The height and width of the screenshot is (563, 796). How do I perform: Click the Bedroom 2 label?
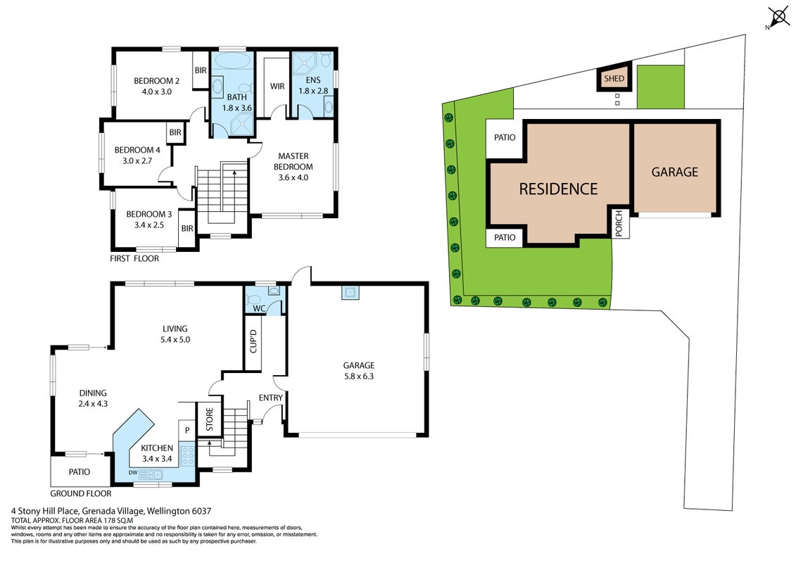[x=156, y=81]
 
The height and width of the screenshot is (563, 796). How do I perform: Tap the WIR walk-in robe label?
[x=277, y=87]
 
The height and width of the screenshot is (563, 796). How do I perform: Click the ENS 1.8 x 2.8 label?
[x=313, y=85]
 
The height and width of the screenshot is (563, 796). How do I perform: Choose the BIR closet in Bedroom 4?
[x=175, y=132]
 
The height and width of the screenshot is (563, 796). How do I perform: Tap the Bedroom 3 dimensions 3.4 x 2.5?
[x=149, y=225]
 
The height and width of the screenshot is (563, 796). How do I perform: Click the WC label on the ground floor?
[x=259, y=308]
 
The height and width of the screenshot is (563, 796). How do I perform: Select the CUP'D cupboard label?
[x=253, y=341]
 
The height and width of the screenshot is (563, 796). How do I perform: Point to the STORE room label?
[x=209, y=420]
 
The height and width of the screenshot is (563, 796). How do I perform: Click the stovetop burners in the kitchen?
[x=188, y=455]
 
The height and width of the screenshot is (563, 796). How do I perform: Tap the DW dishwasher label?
[x=133, y=473]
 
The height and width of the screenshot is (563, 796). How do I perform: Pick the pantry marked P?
[x=187, y=431]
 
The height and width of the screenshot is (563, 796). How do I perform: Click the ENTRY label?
[x=270, y=398]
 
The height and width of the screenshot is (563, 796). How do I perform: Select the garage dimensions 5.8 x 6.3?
[x=358, y=377]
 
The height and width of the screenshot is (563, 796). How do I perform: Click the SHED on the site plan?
[x=614, y=78]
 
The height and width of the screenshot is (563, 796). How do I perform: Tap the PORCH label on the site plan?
[x=619, y=223]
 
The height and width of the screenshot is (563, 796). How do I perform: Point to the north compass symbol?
[x=778, y=17]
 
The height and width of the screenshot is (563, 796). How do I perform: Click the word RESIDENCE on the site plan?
[x=558, y=189]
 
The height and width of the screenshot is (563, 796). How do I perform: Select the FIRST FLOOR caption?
[x=134, y=258]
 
